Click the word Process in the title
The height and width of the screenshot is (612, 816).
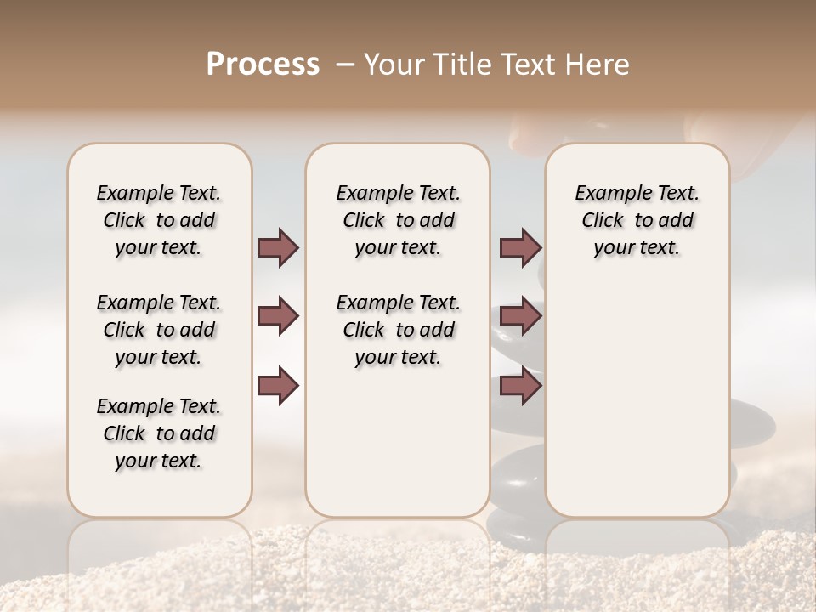[263, 64]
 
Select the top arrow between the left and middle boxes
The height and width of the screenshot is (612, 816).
[278, 247]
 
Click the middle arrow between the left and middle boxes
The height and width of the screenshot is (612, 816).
[278, 316]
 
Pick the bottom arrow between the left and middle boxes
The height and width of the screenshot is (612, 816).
[278, 386]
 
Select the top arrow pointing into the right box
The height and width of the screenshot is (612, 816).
[520, 247]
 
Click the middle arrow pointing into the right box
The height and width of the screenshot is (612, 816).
[520, 316]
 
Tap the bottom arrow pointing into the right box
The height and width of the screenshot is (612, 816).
[520, 386]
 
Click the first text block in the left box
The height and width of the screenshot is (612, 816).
[159, 220]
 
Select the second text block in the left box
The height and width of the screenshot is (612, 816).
[159, 330]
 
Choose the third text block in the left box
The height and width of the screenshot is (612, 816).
[159, 433]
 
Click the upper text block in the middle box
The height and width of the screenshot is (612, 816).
[398, 220]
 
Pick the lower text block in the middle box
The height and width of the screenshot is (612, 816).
[398, 330]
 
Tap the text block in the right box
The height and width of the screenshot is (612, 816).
[637, 220]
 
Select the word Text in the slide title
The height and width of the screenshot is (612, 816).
[529, 64]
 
